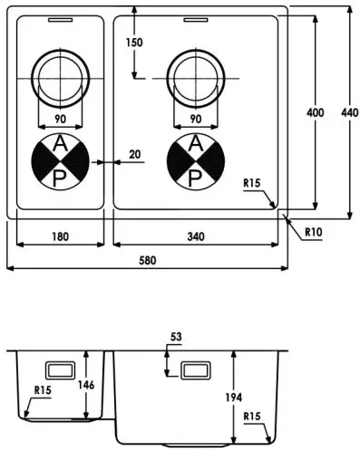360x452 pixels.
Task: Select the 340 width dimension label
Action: (195, 236)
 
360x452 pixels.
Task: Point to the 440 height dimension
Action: (349, 112)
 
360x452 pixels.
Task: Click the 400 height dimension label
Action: (315, 112)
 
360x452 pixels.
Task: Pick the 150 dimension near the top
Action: (134, 43)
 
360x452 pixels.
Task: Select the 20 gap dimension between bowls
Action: (134, 155)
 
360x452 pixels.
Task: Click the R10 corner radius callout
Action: (314, 232)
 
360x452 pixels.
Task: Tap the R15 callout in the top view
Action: (252, 184)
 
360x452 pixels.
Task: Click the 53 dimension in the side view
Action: (176, 337)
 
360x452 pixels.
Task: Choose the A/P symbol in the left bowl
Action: (59, 161)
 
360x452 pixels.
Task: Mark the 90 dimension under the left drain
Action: (59, 119)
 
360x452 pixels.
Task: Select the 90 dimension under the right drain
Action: (194, 119)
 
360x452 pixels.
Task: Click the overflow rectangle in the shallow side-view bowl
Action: (61, 370)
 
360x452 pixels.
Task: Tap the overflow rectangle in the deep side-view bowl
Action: (196, 370)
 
